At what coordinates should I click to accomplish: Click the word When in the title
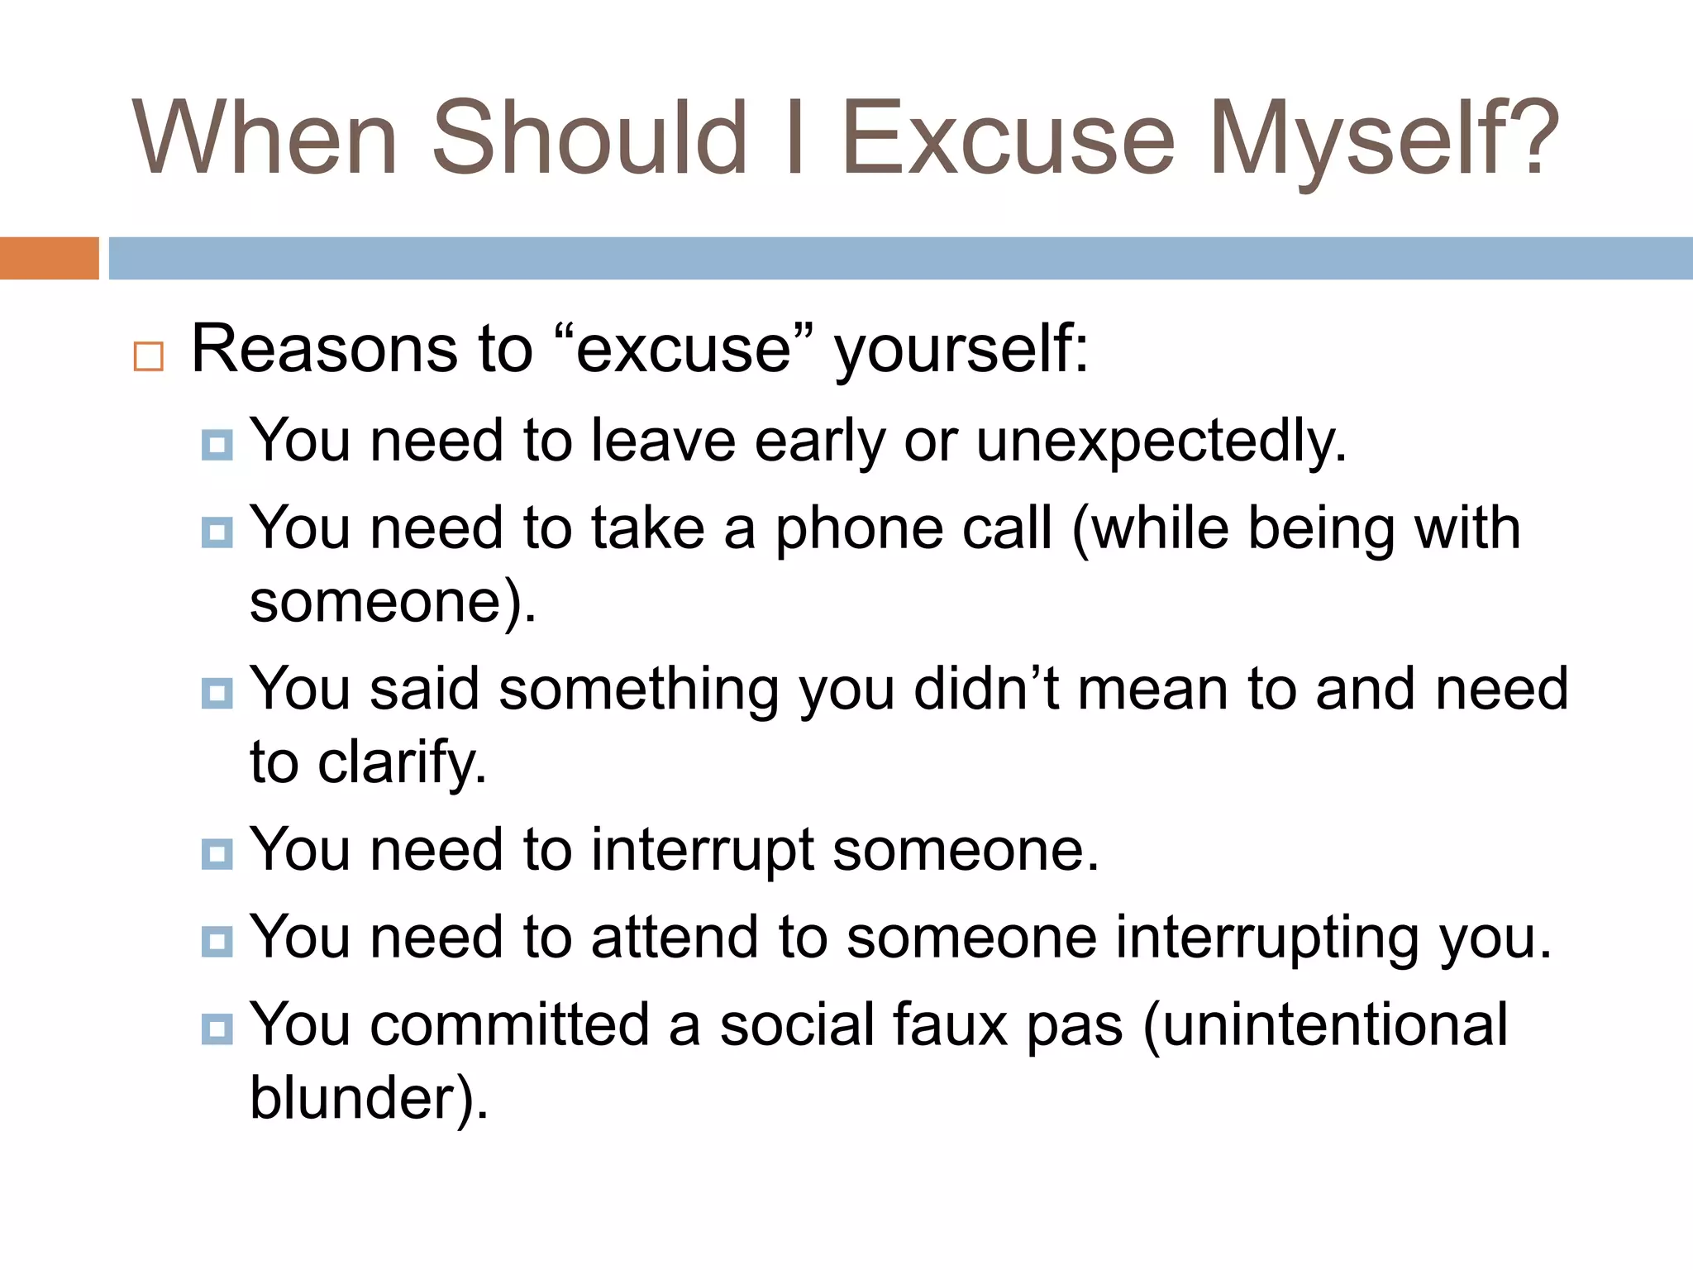click(x=265, y=139)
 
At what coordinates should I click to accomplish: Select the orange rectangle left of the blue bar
click(x=49, y=258)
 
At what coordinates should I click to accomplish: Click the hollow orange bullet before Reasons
click(x=149, y=356)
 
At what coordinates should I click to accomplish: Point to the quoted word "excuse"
click(x=684, y=349)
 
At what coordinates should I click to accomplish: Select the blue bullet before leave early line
click(x=217, y=445)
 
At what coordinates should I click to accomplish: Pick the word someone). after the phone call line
click(x=393, y=602)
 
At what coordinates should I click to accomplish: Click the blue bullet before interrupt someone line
click(x=217, y=853)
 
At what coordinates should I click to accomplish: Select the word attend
click(x=675, y=938)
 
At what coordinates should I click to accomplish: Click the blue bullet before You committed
click(x=217, y=1029)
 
